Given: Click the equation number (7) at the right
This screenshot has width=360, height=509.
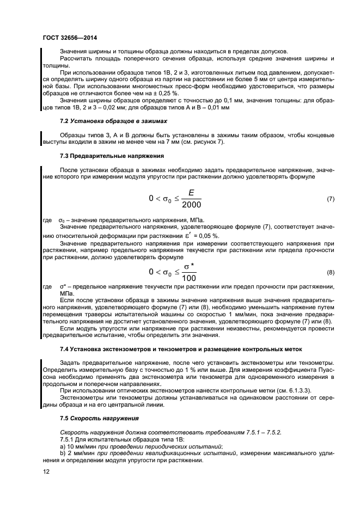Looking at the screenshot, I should [x=330, y=199].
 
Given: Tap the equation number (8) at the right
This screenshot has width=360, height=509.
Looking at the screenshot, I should [x=330, y=272].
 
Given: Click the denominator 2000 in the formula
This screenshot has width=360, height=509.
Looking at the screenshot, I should [x=191, y=205].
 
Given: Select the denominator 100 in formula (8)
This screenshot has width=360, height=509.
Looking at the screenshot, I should [x=190, y=277].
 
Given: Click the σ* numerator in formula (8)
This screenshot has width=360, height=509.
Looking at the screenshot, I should [x=190, y=266].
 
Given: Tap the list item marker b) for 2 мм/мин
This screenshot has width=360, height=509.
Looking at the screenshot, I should [x=62, y=453].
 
